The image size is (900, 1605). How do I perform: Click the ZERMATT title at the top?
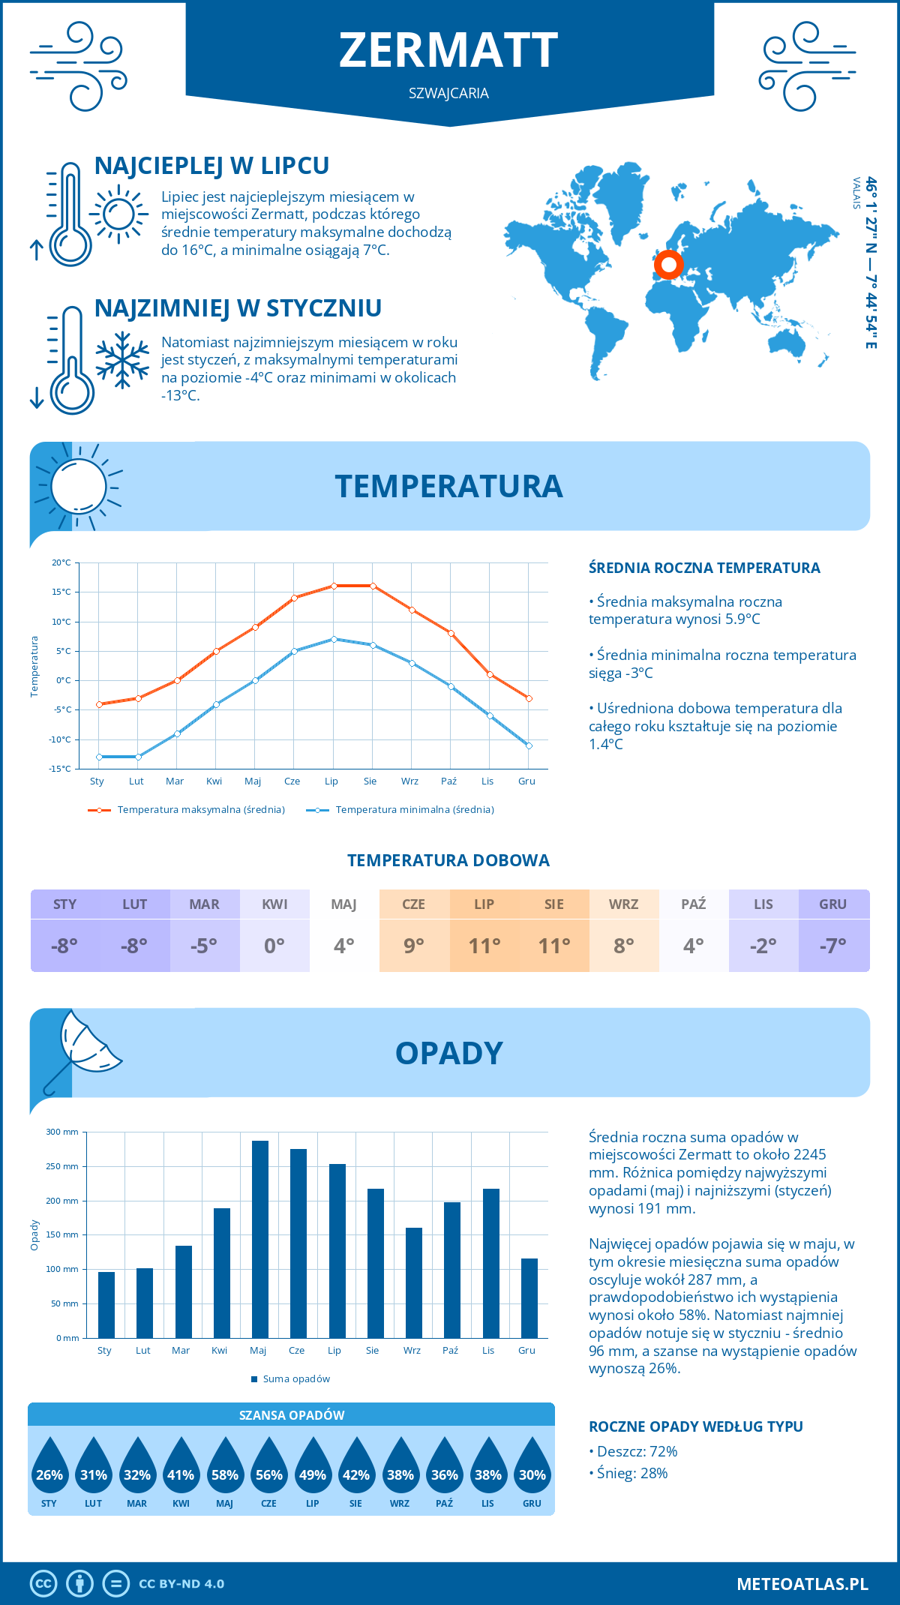[448, 50]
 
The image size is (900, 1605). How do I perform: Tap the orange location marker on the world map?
[668, 264]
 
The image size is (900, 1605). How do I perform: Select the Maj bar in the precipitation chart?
[260, 1239]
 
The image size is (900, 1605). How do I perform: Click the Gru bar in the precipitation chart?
[529, 1297]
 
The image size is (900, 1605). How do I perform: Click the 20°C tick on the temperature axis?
[61, 562]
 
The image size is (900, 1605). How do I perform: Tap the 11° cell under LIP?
[484, 946]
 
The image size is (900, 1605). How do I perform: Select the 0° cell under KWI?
[274, 946]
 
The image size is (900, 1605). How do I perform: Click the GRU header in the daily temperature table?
[832, 904]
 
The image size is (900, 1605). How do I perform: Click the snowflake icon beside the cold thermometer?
[122, 360]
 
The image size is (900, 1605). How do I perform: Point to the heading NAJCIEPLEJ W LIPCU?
[211, 166]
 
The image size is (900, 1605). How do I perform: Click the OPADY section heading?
[448, 1053]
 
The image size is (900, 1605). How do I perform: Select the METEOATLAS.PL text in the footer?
[802, 1584]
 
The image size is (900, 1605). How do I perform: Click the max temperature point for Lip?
[334, 586]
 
